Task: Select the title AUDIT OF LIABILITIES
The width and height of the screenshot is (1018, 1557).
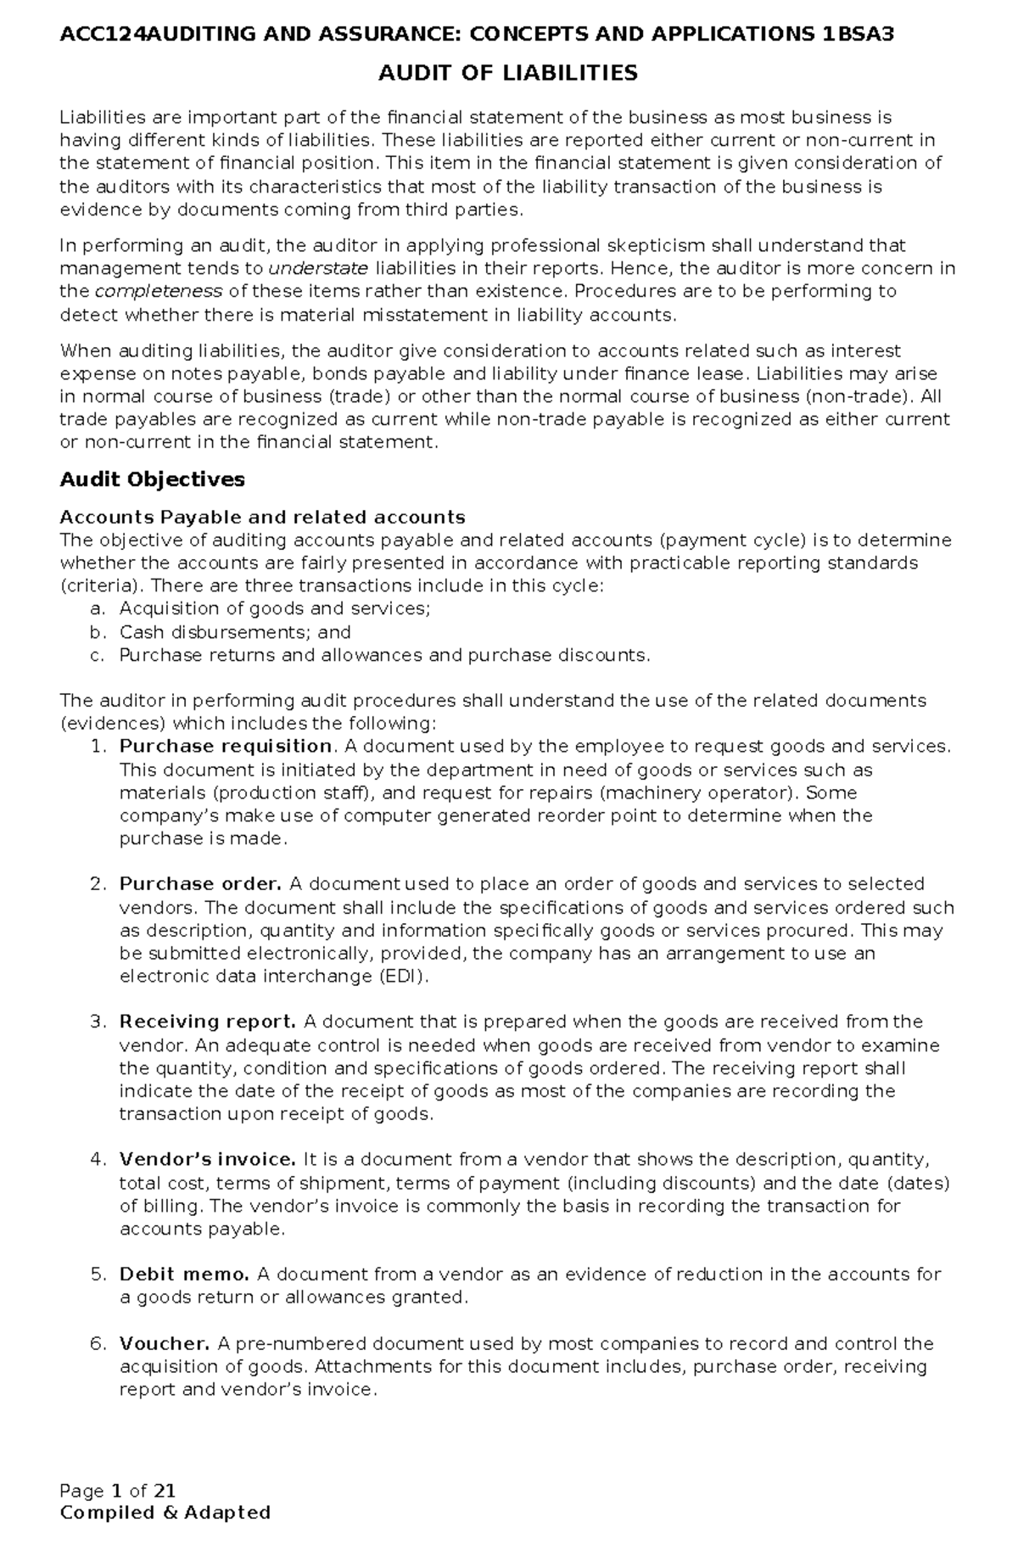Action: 507,74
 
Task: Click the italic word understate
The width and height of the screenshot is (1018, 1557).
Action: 318,269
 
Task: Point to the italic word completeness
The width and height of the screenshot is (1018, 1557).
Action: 159,292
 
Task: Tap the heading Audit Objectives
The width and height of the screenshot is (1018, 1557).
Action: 152,479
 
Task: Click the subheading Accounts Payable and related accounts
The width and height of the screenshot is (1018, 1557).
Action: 262,518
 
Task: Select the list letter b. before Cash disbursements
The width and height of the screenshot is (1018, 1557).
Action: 97,632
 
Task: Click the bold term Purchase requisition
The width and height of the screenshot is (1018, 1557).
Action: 225,747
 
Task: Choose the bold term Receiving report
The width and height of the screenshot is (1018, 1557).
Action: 207,1022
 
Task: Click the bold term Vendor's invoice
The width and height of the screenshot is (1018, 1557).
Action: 207,1160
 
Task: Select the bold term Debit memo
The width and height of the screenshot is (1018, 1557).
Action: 184,1274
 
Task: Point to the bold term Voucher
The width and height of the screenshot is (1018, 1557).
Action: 164,1344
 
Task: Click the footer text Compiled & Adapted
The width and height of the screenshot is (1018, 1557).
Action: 165,1513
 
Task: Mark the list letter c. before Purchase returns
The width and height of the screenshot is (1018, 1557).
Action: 97,655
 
